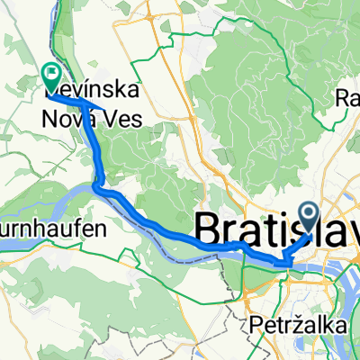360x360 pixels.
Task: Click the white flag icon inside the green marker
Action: [51, 69]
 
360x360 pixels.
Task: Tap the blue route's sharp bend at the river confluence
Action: [96, 185]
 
